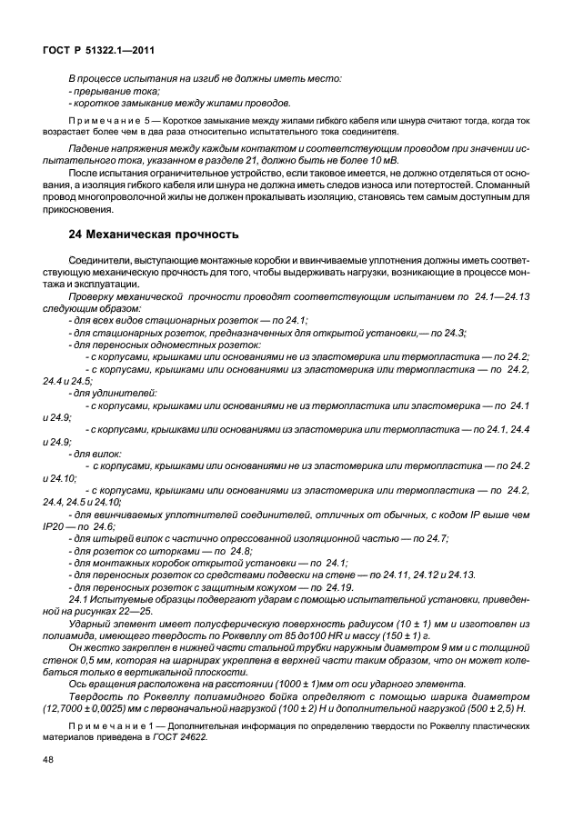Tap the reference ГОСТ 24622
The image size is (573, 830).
tap(200, 739)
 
